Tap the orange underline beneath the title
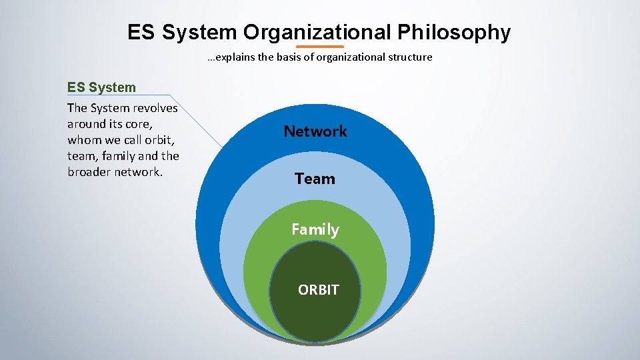319,47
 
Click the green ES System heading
101,87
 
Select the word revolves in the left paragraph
155,108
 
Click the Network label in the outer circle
315,131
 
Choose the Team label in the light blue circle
315,179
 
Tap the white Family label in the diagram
315,229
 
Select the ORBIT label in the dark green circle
318,290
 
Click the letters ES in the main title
141,32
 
